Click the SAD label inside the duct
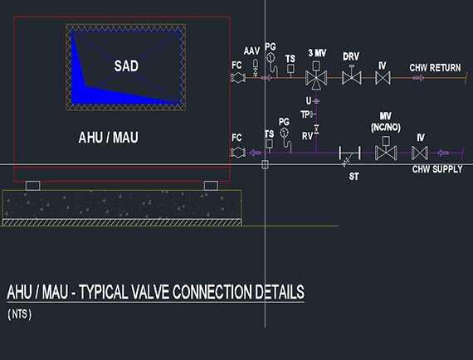126,66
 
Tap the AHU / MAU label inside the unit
109,138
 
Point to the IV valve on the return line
383,78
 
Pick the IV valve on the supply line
420,153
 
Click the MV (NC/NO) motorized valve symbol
386,148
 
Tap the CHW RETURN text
435,67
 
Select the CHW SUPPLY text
437,169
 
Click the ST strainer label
354,177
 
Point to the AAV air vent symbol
256,68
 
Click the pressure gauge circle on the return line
271,57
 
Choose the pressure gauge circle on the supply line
284,133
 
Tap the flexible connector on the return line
237,78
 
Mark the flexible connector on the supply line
237,153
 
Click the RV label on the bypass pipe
307,136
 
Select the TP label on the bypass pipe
305,114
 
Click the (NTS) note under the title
20,314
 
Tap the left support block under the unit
33,186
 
